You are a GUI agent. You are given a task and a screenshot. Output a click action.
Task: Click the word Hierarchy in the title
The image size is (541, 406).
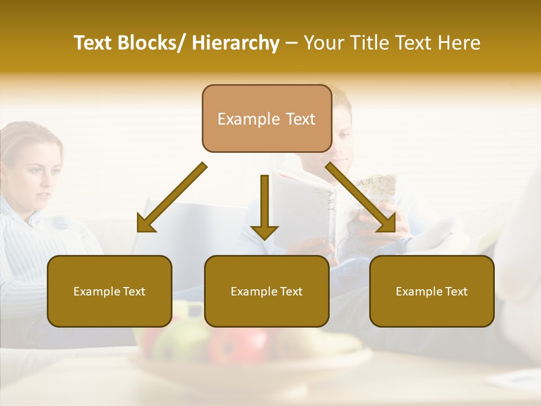[x=236, y=43]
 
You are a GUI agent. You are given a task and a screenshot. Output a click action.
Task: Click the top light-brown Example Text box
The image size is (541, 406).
[x=267, y=118]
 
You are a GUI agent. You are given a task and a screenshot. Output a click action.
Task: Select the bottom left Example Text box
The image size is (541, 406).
[x=109, y=291]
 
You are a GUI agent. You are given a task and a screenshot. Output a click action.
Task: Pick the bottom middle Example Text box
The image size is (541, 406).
[x=267, y=291]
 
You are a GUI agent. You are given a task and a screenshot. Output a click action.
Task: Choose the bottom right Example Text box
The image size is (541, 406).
[x=432, y=291]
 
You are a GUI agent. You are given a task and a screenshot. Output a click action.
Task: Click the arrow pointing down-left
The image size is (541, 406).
[x=171, y=198]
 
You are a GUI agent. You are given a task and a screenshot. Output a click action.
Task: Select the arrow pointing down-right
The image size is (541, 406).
[x=361, y=198]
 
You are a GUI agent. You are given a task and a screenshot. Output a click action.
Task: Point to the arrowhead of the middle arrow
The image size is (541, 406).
[x=264, y=231]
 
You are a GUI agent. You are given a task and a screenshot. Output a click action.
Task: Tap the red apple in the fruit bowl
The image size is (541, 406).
[x=237, y=344]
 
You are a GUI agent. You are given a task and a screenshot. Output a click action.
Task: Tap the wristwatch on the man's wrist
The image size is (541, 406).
[x=402, y=244]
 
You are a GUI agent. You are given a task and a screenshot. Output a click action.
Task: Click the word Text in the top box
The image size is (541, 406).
[x=300, y=119]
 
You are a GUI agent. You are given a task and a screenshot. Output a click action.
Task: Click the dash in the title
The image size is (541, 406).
[x=291, y=43]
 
